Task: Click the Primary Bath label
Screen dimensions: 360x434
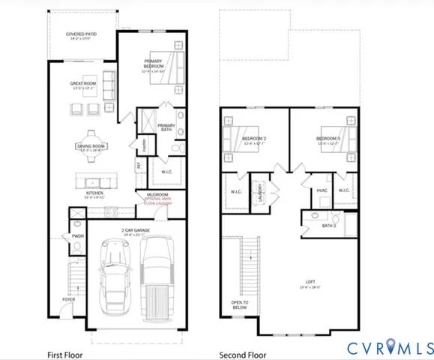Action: coord(166,127)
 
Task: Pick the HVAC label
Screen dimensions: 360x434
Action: coord(322,190)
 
